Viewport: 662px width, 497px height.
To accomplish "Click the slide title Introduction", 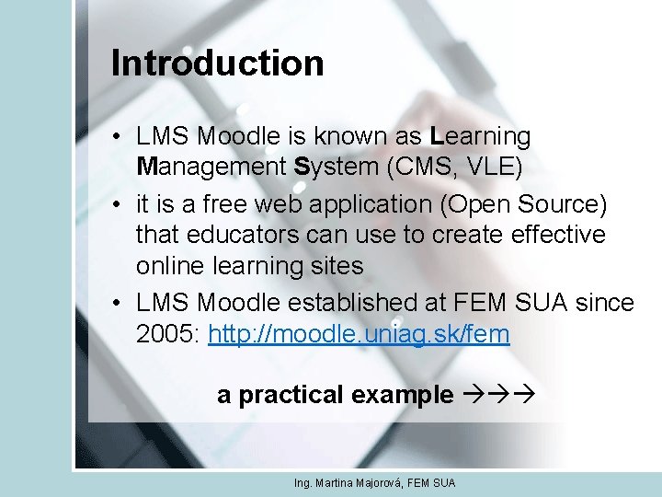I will click(217, 64).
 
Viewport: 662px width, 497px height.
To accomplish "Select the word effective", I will click(554, 235).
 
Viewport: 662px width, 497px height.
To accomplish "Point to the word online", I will click(171, 266).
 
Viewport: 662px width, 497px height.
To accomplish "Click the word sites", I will click(338, 266).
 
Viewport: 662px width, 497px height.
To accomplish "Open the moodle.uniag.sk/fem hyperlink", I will click(359, 333).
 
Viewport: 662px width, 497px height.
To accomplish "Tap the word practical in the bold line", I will click(288, 395).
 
